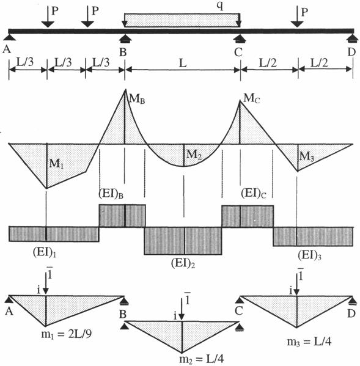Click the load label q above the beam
(220, 6)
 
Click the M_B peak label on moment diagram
(137, 99)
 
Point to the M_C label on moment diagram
(251, 98)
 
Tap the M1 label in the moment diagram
(56, 164)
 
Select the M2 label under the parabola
(194, 155)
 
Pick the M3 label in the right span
(307, 156)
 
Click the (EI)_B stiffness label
(111, 194)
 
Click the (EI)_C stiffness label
(253, 193)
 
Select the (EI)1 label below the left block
(45, 252)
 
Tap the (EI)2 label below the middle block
(183, 263)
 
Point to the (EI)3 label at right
(309, 255)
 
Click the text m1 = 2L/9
(67, 334)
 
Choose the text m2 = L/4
(202, 359)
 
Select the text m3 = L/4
(309, 342)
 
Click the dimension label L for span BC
(183, 63)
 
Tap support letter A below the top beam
(7, 49)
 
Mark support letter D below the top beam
(351, 52)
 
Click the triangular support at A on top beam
(9, 37)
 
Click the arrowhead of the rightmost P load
(297, 24)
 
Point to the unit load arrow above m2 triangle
(182, 307)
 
